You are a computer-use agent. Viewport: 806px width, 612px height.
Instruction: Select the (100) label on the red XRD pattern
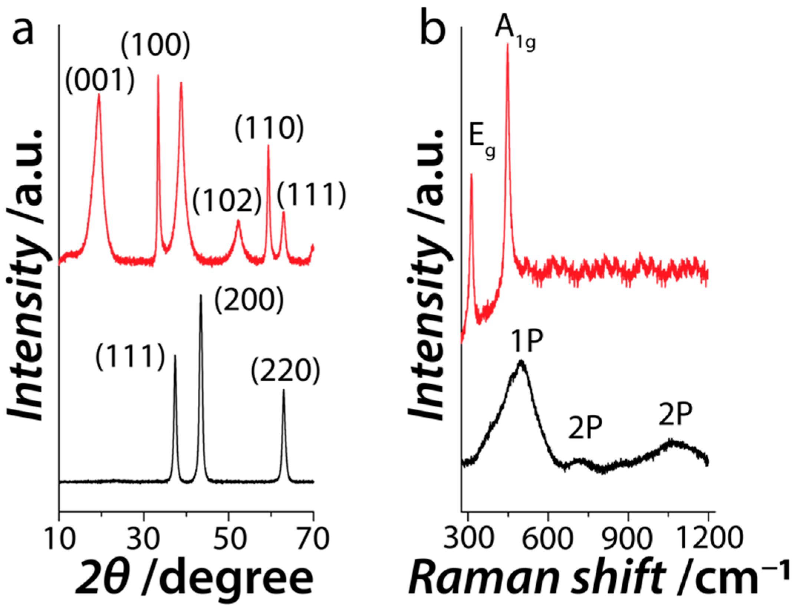[156, 47]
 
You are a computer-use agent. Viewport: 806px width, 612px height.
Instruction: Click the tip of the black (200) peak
[201, 295]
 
